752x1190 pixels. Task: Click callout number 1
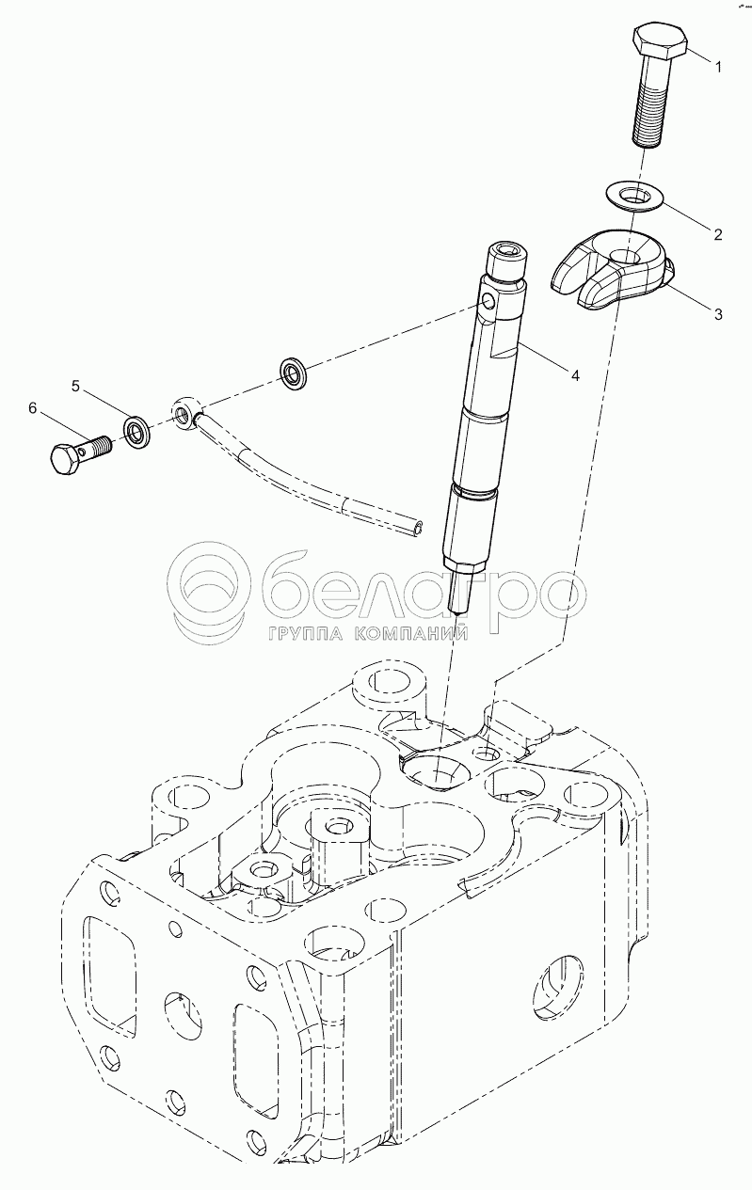tap(718, 68)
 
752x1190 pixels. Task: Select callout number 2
tap(718, 234)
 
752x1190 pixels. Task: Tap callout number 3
tap(718, 314)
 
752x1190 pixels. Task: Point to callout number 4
tap(574, 375)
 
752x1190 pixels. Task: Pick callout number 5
tap(75, 387)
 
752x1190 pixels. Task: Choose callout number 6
tap(33, 408)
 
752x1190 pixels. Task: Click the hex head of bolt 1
tap(659, 40)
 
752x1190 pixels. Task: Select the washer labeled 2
tap(635, 195)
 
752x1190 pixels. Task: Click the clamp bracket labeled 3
tap(611, 269)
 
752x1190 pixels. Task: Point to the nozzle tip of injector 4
tap(456, 611)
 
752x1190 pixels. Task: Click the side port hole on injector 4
tap(488, 303)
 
